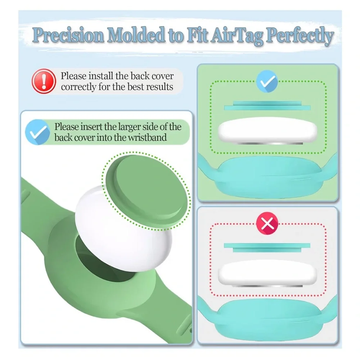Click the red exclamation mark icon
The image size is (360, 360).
click(44, 81)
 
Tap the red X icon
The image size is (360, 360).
click(267, 223)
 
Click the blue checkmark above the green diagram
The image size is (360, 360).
click(267, 81)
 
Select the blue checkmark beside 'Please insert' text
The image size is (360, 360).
click(37, 132)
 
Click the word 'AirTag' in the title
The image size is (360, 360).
click(237, 36)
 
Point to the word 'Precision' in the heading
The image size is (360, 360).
click(68, 35)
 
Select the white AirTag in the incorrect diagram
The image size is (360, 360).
click(267, 273)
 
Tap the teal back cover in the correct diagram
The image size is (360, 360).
click(267, 105)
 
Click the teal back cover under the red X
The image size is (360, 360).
click(267, 248)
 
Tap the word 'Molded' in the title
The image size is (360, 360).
click(136, 35)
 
